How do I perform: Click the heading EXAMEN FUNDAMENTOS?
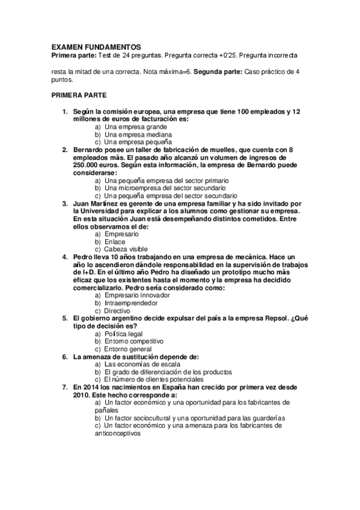coord(96,46)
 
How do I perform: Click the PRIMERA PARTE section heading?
coord(79,95)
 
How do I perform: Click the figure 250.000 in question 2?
coord(88,165)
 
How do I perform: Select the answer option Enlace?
coord(115,242)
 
